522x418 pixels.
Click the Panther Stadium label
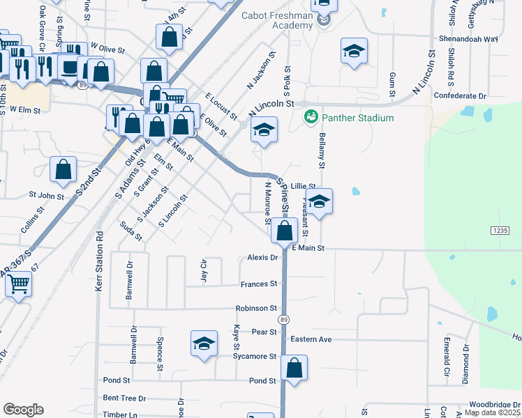click(358, 118)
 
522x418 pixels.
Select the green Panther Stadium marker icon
click(311, 116)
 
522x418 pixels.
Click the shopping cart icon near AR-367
click(19, 283)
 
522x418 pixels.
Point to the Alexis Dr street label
click(263, 257)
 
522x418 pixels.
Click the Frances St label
click(259, 284)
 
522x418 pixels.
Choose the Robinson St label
click(256, 308)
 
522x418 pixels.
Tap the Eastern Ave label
click(311, 339)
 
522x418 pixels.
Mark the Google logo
click(23, 409)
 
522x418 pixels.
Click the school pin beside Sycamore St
click(204, 343)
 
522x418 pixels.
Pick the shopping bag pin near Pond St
click(294, 368)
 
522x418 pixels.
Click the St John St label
click(46, 196)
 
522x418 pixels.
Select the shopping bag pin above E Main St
click(284, 230)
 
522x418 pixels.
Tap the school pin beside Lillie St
click(319, 201)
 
